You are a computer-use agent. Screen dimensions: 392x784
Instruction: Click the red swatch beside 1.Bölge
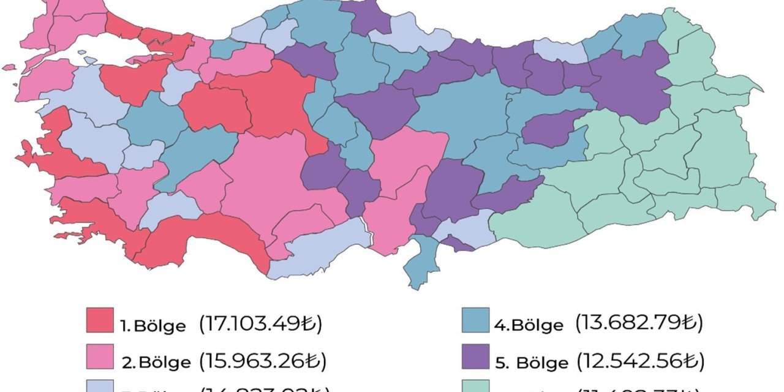(x=100, y=320)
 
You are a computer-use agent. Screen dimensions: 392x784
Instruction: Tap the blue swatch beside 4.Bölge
(x=476, y=320)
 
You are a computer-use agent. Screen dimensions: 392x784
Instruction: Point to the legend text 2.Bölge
(x=156, y=362)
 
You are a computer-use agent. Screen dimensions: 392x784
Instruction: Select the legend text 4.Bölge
(x=529, y=325)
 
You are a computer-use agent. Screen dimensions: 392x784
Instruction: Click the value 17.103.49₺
(x=260, y=323)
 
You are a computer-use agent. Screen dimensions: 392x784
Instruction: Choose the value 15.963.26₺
(x=262, y=360)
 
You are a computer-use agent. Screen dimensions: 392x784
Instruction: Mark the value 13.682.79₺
(x=639, y=322)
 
